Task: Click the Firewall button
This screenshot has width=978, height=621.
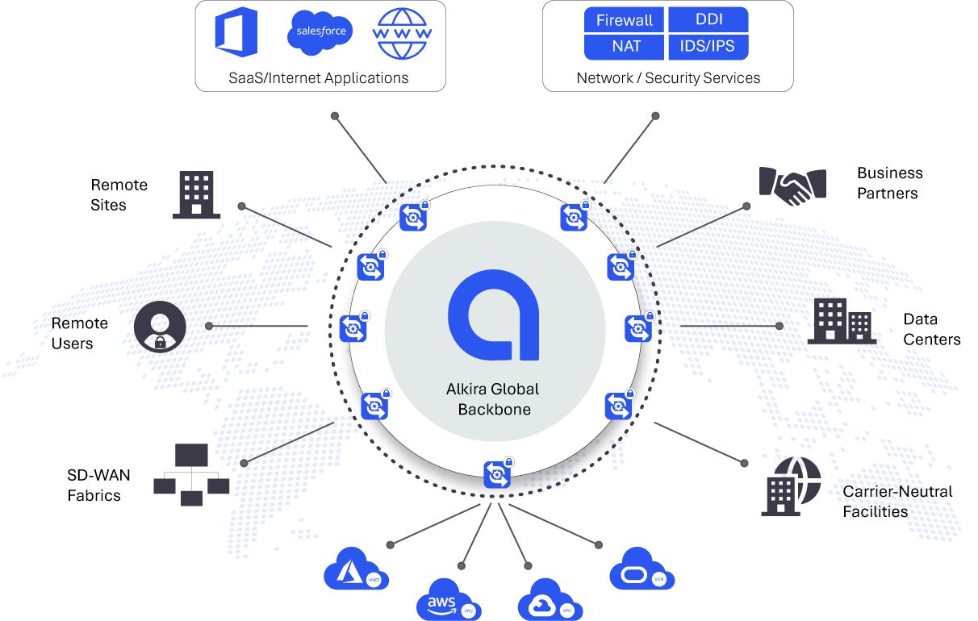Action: click(624, 20)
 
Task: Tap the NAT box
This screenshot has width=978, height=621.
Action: click(624, 47)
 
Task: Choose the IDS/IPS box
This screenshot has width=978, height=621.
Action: click(708, 47)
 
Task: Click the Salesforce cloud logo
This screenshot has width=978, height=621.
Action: click(320, 32)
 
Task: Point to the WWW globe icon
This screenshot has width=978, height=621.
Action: click(401, 33)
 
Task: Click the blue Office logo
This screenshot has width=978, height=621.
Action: click(236, 32)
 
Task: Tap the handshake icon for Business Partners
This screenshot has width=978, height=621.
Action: click(792, 184)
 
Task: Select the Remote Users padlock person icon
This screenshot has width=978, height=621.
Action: click(160, 327)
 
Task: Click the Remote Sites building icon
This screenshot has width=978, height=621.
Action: click(196, 194)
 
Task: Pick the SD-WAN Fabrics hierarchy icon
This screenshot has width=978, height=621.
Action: click(191, 475)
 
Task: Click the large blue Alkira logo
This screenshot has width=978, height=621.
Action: click(494, 315)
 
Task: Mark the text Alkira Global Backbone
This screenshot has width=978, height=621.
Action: click(493, 399)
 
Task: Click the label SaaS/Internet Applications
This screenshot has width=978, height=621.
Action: click(320, 78)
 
